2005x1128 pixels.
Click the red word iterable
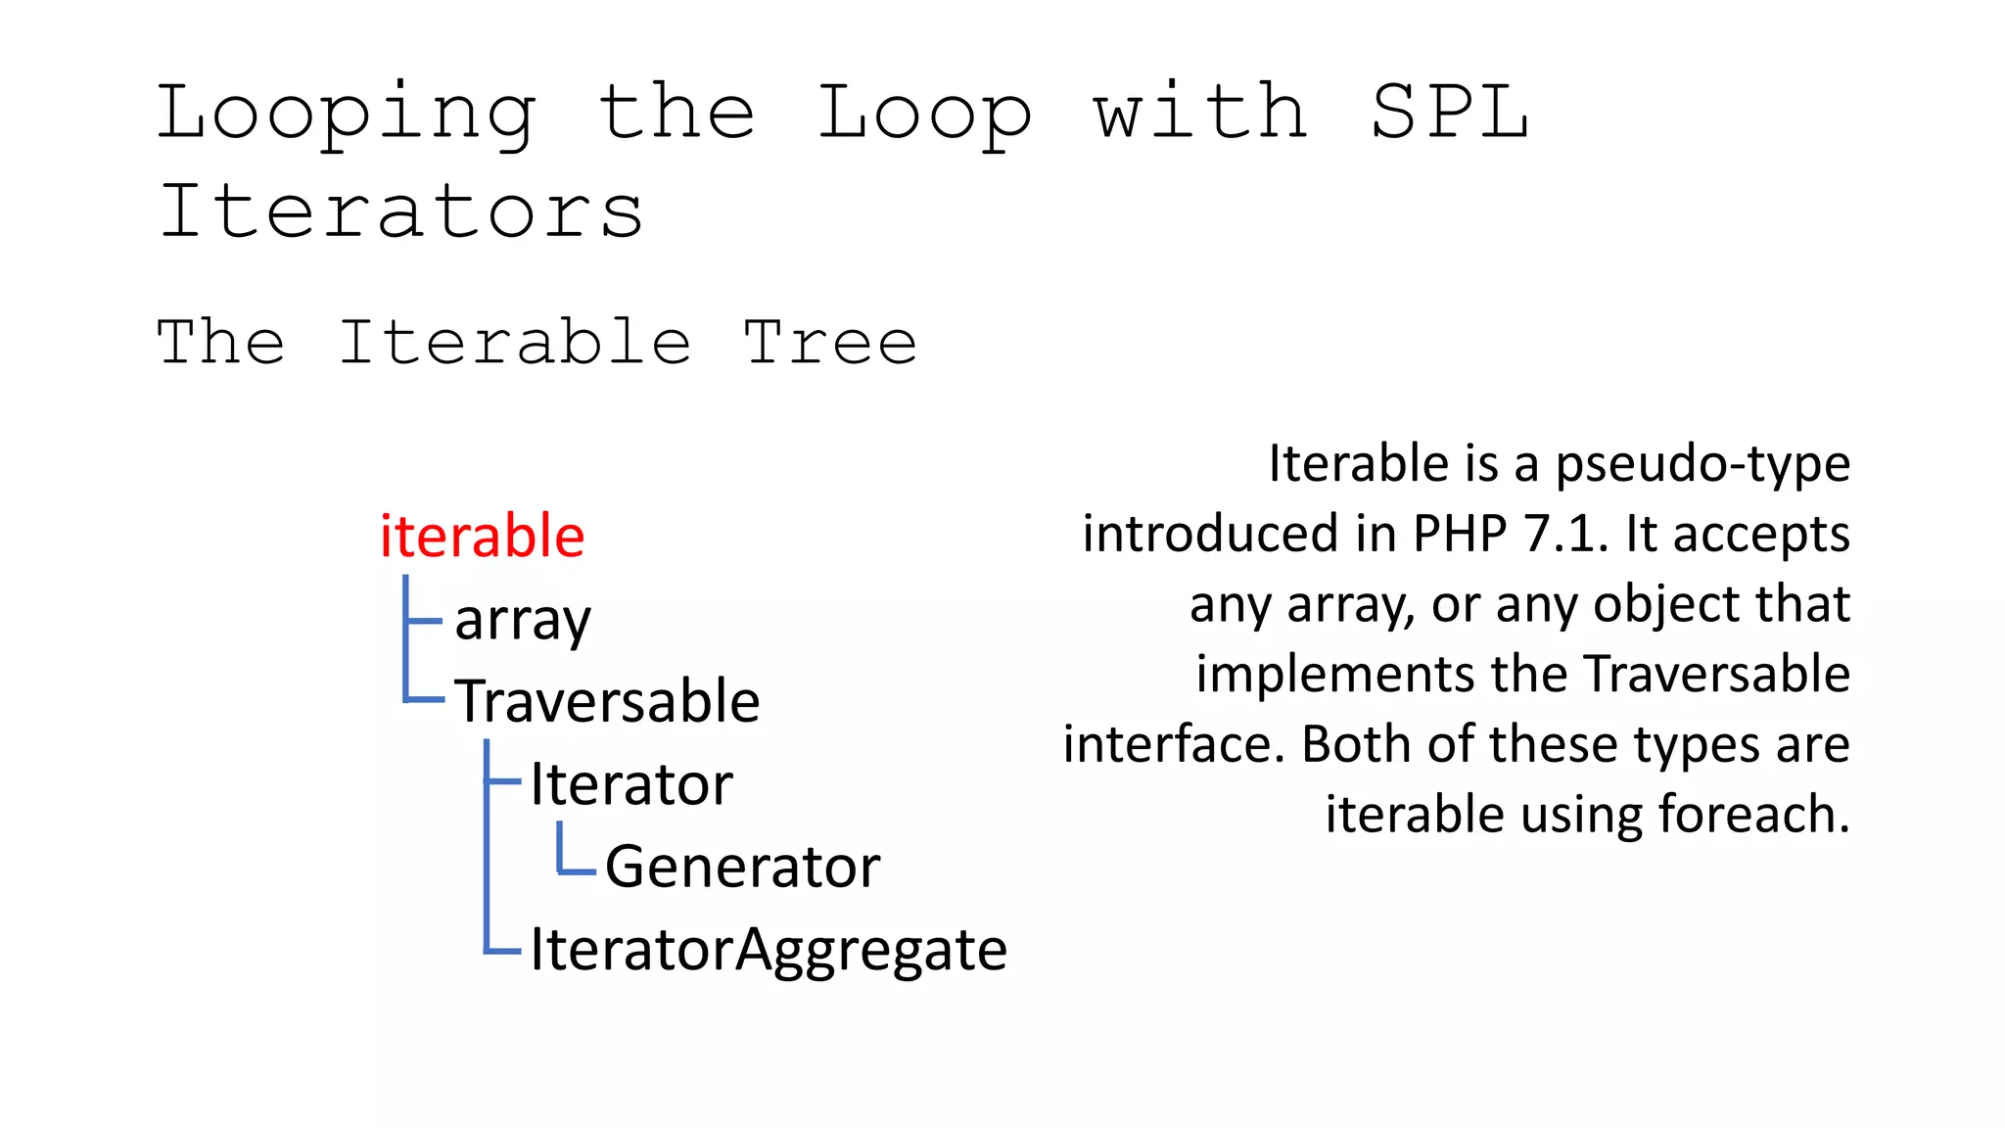tap(482, 537)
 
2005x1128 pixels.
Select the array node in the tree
tap(523, 621)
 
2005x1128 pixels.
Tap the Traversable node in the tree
tap(607, 702)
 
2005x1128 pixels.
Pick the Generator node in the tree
tap(742, 868)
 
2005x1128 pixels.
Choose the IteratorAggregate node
tap(769, 950)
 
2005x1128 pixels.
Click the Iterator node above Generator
tap(631, 785)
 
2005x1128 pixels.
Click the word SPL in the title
tap(1449, 112)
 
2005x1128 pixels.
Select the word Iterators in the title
tap(401, 211)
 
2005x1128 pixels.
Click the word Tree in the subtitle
tap(830, 343)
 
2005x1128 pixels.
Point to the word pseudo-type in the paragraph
tap(1702, 463)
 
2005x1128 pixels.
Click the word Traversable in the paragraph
tap(1716, 675)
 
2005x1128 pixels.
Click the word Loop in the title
tap(924, 114)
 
